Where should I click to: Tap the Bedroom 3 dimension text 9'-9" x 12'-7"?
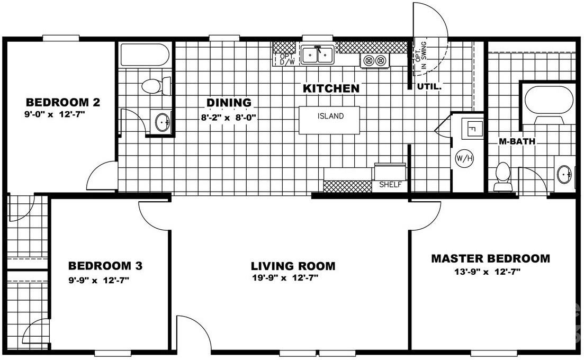[98, 281]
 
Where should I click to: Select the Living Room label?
[293, 266]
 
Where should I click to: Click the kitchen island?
[330, 120]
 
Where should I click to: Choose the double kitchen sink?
[317, 55]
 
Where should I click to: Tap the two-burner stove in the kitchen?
[375, 61]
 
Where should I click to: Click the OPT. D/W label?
[286, 59]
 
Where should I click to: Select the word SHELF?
[390, 185]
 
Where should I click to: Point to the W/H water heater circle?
[465, 157]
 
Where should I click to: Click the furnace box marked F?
[472, 128]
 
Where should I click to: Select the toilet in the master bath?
[502, 176]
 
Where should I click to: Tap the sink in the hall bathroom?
[162, 122]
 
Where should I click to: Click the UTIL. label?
[429, 87]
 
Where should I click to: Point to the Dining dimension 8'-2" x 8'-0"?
[228, 118]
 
